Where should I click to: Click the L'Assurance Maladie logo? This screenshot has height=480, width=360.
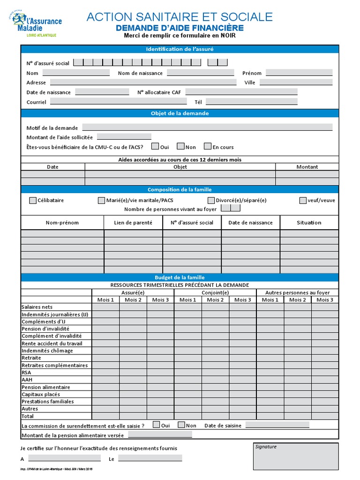click(37, 23)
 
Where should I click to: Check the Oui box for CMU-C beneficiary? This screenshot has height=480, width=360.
click(155, 147)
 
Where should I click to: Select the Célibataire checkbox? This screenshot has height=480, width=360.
click(33, 201)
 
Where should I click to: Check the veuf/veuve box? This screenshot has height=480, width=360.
click(303, 201)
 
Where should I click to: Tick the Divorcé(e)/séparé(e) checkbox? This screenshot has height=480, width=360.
click(211, 201)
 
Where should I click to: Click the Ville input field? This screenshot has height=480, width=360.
click(296, 82)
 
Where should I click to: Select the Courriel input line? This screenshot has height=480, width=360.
click(118, 101)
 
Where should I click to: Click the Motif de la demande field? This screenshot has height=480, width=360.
click(207, 127)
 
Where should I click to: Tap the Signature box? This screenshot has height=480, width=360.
click(296, 456)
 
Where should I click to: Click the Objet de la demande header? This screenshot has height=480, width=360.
click(180, 113)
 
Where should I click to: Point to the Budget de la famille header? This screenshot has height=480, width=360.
click(180, 277)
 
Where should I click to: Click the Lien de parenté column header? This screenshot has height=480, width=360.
click(133, 223)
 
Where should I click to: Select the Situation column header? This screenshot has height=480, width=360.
click(309, 223)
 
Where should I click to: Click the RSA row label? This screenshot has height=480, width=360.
click(26, 373)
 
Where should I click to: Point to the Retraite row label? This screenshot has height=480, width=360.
click(31, 358)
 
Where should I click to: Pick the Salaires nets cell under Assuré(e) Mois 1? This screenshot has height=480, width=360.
click(105, 307)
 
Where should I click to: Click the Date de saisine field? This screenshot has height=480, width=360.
click(277, 425)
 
